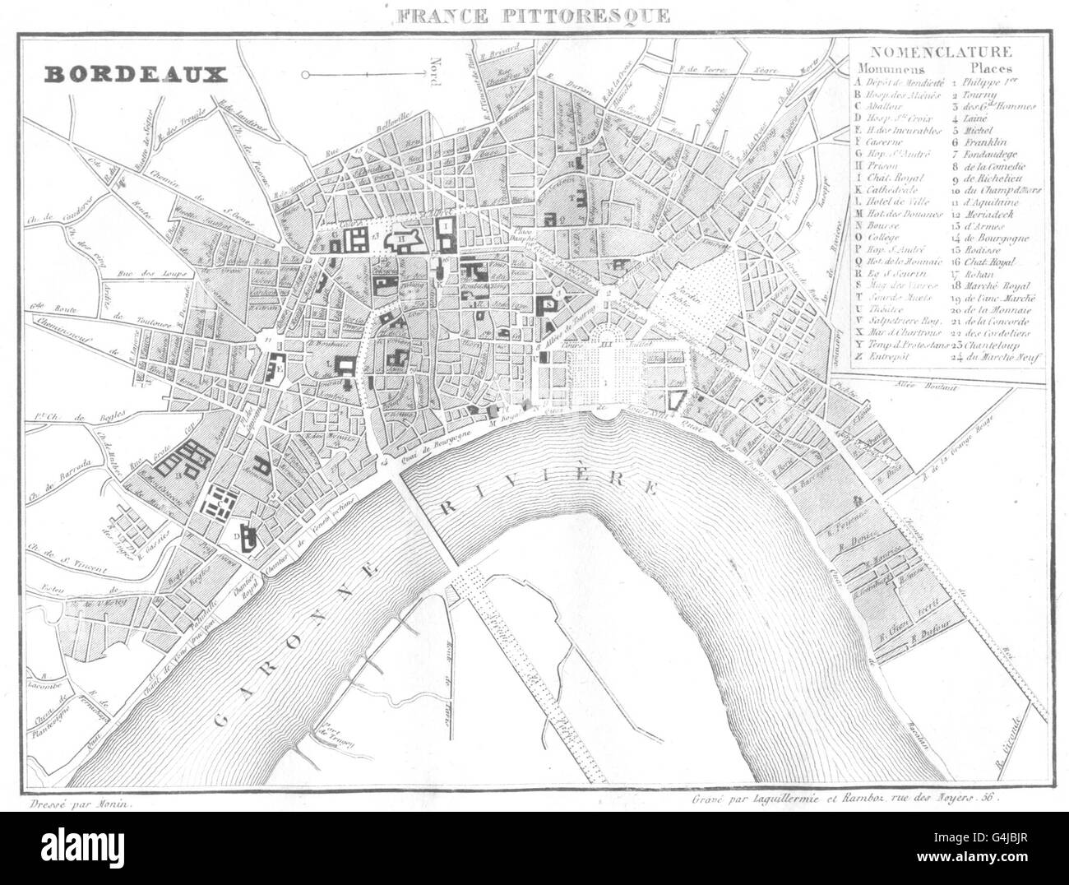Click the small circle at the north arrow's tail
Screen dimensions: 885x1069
(x=305, y=75)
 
